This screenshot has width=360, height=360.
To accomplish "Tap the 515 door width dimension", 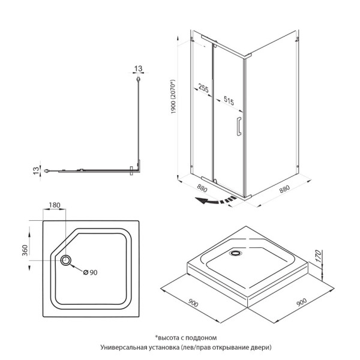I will pos(229,100).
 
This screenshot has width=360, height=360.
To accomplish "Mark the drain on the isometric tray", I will pos(233,253).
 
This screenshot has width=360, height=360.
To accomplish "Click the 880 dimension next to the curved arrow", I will pos(203,188).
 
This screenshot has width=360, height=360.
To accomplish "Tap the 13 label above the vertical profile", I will pos(139,68).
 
